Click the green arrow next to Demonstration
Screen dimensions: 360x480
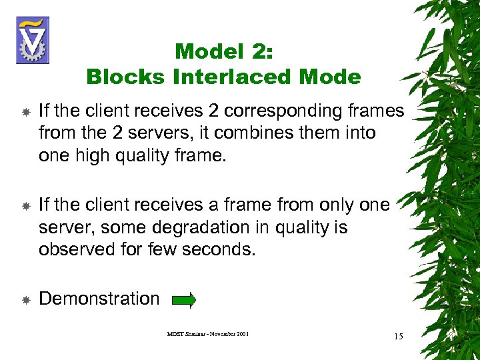pyautogui.click(x=183, y=301)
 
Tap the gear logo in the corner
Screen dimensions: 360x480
pyautogui.click(x=32, y=40)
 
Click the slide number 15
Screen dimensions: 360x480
pyautogui.click(x=398, y=336)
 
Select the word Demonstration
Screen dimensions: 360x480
pyautogui.click(x=99, y=299)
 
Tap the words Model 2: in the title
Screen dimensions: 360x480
pyautogui.click(x=224, y=51)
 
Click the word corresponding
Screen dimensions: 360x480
pyautogui.click(x=275, y=110)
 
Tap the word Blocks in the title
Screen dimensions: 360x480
pyautogui.click(x=126, y=77)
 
